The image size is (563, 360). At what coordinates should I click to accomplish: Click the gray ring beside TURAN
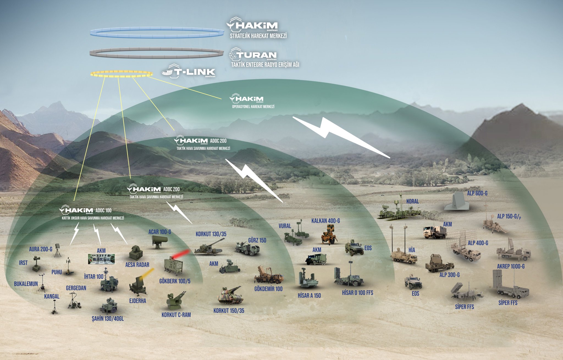[x=157, y=53]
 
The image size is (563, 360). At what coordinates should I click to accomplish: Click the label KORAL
[x=412, y=201]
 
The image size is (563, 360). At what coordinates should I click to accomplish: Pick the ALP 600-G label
[x=477, y=193]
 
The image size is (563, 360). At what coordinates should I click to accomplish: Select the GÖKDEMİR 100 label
[x=268, y=289]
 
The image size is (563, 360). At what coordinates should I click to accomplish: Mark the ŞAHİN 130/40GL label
[x=108, y=319]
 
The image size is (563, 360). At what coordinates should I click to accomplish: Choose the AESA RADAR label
[x=137, y=265]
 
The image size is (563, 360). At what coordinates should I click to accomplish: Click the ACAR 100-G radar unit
[x=159, y=241]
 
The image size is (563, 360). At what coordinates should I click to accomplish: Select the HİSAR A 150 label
[x=309, y=296]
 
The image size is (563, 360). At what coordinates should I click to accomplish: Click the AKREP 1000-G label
[x=510, y=266]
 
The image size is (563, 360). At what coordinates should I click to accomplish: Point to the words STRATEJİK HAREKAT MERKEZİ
[x=258, y=36]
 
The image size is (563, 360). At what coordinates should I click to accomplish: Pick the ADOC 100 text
[x=103, y=210]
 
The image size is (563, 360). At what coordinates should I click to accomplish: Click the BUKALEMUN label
[x=26, y=284]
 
